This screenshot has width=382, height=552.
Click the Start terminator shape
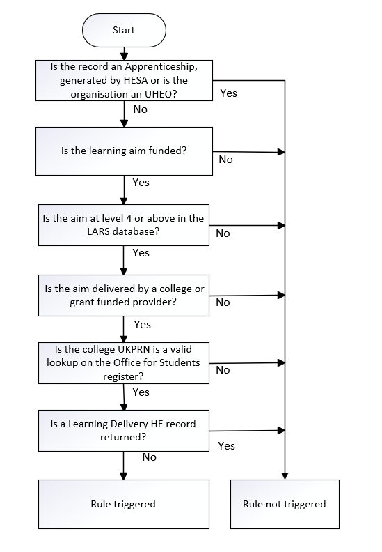[x=123, y=31]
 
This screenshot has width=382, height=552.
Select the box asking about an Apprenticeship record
[x=123, y=80]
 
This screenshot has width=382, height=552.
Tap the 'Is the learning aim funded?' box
[x=123, y=151]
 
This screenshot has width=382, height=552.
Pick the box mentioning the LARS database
[x=123, y=224]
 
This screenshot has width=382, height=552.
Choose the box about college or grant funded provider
[x=123, y=295]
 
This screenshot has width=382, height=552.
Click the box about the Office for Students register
[x=123, y=362]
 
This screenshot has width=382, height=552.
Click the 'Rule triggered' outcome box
[x=123, y=504]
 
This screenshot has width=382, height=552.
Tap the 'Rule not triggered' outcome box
[x=284, y=504]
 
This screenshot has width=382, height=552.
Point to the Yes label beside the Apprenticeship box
[x=228, y=93]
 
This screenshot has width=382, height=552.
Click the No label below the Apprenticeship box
[x=140, y=109]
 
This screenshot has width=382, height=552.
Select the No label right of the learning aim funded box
[x=225, y=160]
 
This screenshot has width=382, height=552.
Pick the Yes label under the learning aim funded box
[x=141, y=183]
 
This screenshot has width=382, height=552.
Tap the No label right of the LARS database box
[x=223, y=233]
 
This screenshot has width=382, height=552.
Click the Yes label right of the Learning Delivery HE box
[x=226, y=445]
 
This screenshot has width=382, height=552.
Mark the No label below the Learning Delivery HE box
[x=149, y=457]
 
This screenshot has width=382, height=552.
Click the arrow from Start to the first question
[x=123, y=53]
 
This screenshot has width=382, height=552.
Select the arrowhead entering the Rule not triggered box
[x=285, y=475]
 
